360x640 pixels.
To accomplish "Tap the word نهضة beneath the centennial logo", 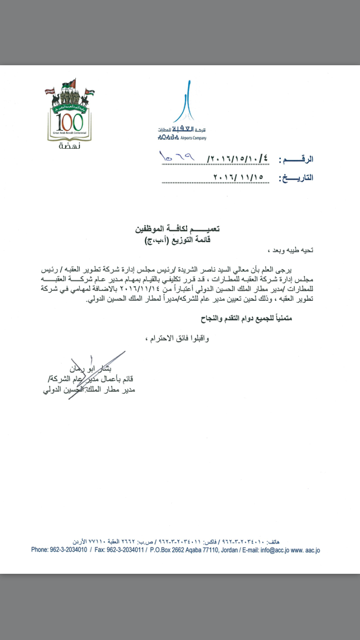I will (70, 146).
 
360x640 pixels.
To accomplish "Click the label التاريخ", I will (296, 177).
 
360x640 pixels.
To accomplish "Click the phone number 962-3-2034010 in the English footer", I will (70, 550).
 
